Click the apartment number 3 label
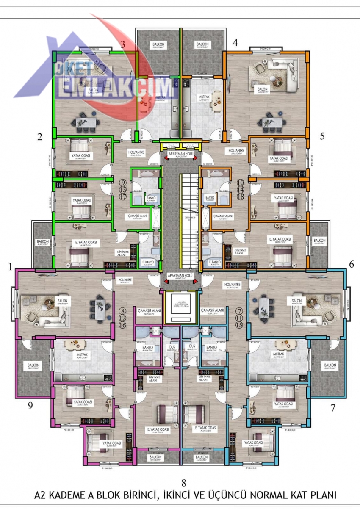click(x=122, y=44)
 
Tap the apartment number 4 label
click(x=235, y=43)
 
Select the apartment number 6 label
click(x=351, y=263)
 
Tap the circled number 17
click(x=123, y=196)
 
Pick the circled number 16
click(x=123, y=325)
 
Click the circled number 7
click(x=239, y=310)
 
